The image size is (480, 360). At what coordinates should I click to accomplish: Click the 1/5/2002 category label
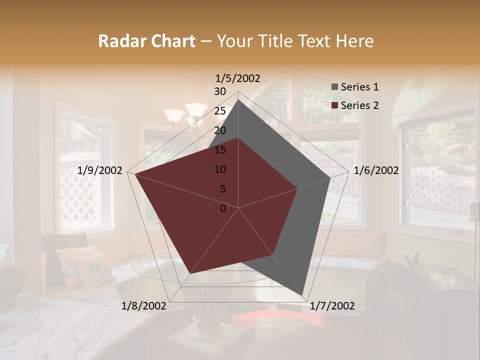238,78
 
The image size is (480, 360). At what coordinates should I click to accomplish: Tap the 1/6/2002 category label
376,170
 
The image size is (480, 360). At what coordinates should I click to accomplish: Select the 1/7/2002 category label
332,306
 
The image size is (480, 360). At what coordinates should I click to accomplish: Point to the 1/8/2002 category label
144,306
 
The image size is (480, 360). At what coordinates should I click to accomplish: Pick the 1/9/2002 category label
100,170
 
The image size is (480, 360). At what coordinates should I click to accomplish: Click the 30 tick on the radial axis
220,91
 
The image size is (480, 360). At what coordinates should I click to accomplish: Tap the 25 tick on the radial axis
220,111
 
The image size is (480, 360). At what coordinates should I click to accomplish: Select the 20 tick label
220,130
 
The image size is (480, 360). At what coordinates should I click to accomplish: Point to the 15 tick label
220,150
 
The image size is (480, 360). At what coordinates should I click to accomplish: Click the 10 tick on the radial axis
220,169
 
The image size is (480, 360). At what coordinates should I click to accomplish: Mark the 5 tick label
222,189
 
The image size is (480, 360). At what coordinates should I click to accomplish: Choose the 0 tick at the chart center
223,208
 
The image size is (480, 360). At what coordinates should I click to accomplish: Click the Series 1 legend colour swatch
334,87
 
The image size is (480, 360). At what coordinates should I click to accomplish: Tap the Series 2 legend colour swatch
334,105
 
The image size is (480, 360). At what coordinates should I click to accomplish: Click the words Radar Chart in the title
146,41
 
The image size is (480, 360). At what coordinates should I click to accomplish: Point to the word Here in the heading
355,41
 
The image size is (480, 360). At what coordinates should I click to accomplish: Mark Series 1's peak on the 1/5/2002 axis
238,99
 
